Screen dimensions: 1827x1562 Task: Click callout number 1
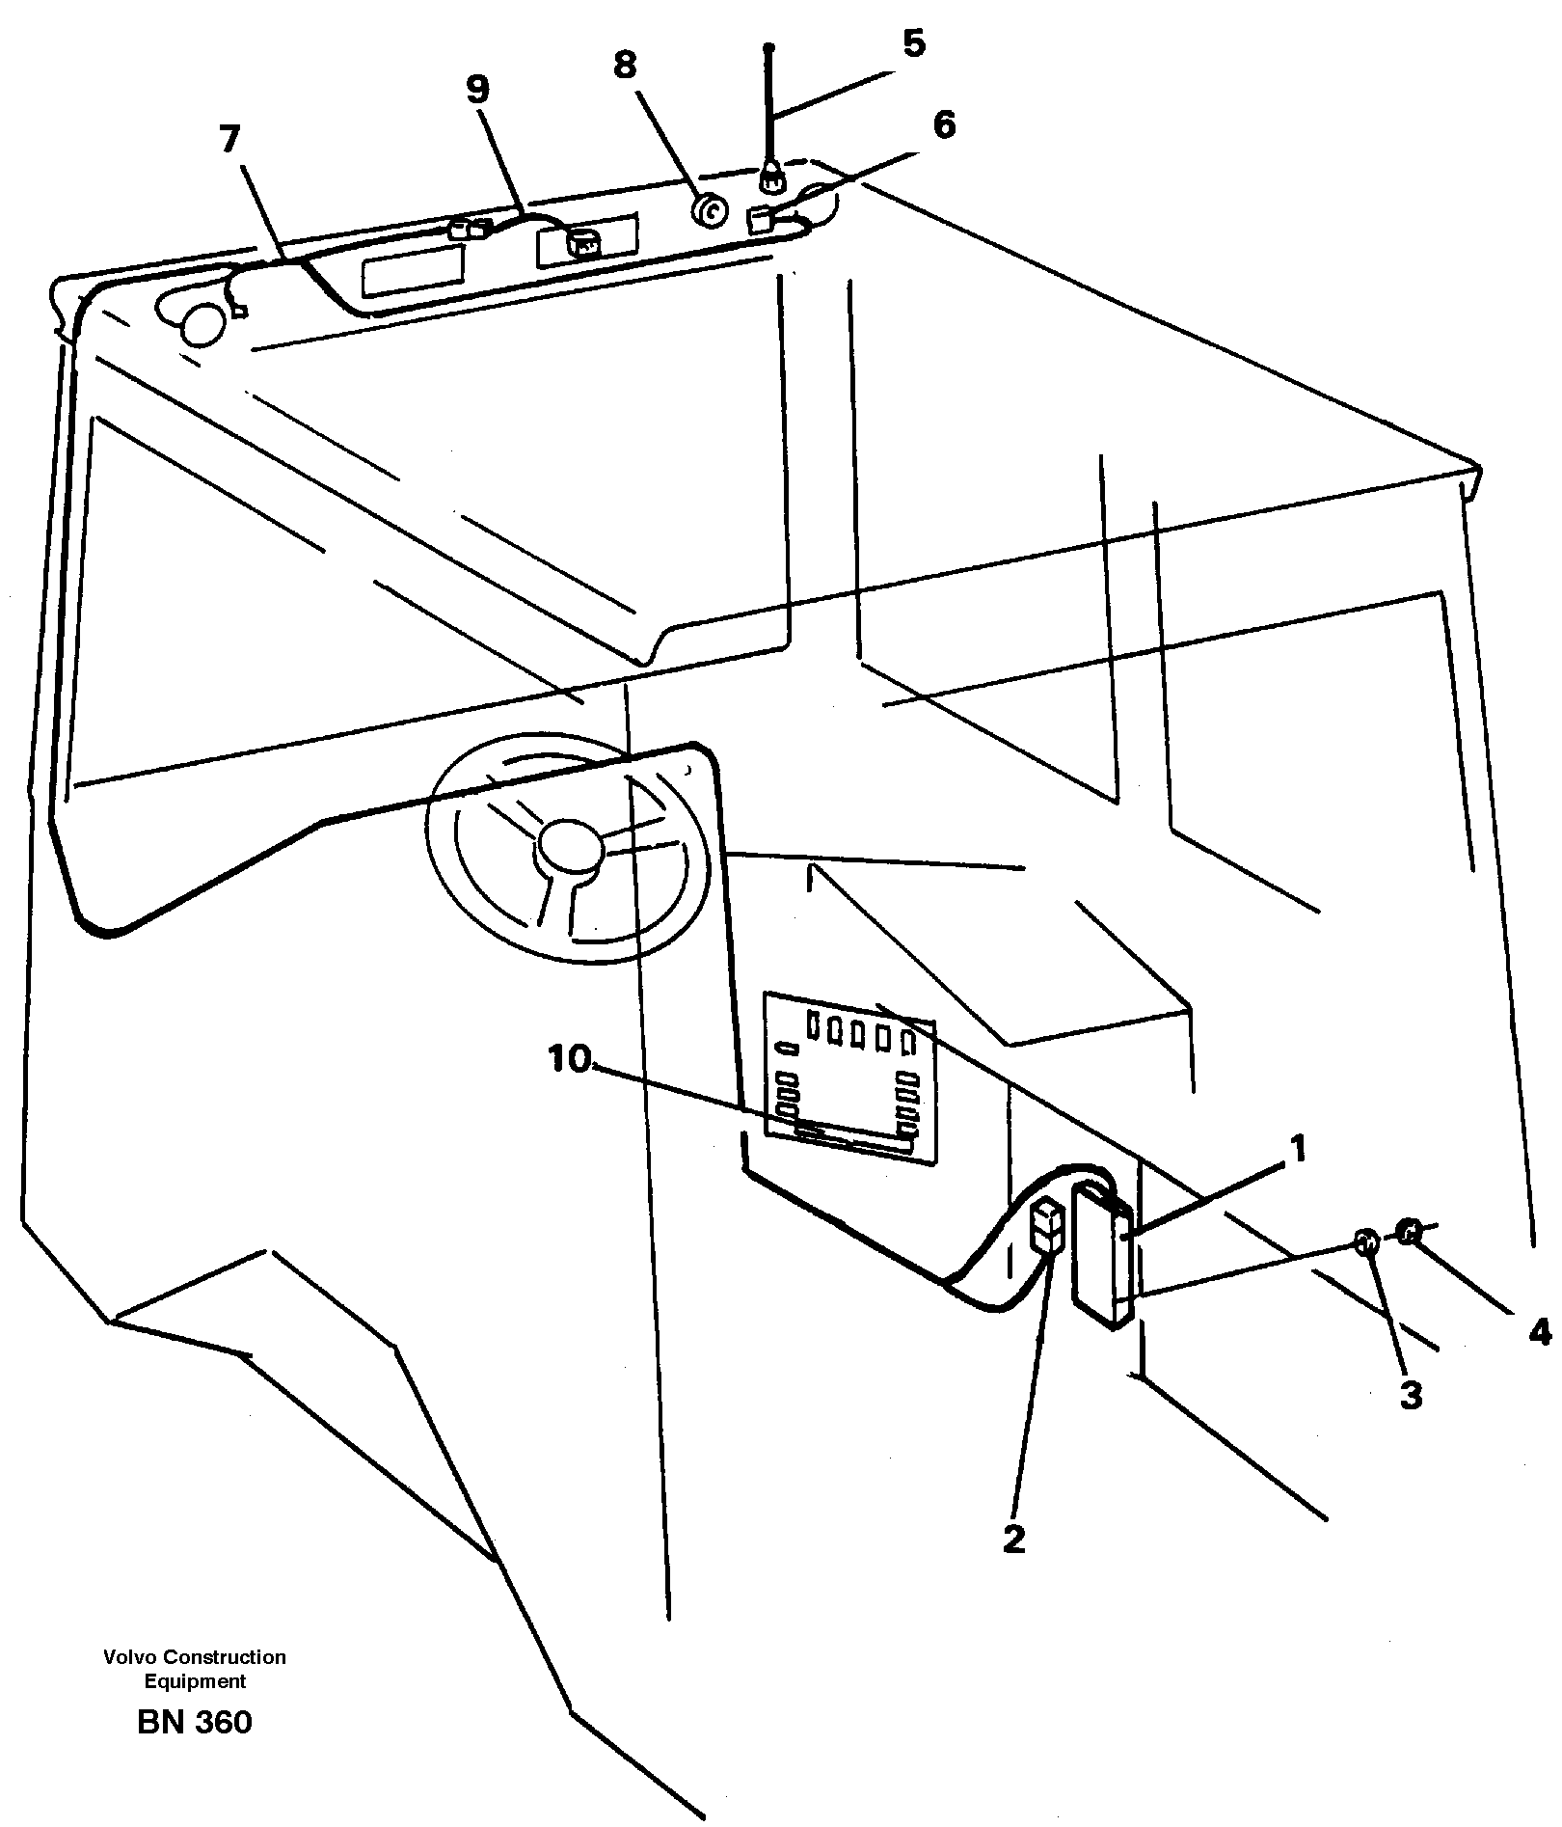click(1298, 1150)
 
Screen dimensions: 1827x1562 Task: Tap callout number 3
click(1411, 1395)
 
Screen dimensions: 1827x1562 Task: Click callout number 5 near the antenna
click(912, 44)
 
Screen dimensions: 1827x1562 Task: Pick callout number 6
click(944, 124)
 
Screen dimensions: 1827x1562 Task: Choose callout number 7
click(229, 141)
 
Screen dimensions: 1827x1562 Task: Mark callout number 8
click(625, 66)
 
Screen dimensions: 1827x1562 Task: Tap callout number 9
click(477, 89)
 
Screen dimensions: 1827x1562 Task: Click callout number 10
click(569, 1059)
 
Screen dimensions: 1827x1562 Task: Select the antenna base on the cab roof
click(770, 176)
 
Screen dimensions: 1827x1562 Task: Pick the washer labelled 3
click(1366, 1243)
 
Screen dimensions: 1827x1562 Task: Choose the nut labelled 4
click(1409, 1231)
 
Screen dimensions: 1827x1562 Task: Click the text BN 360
click(195, 1722)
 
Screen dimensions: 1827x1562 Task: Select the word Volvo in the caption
click(129, 1657)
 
